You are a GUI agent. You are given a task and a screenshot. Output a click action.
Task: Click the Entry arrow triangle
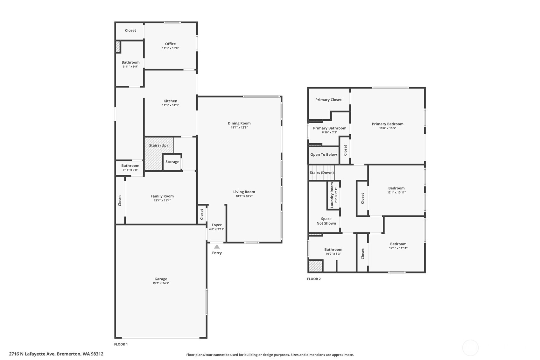[217, 247]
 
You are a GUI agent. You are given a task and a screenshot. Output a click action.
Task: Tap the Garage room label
[161, 279]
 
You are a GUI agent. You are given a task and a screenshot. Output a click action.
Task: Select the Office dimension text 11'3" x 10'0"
[171, 48]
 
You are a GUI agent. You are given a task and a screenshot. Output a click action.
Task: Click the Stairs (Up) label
[158, 145]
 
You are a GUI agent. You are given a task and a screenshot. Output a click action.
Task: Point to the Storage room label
[172, 162]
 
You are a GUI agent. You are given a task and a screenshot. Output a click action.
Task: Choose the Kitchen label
[171, 101]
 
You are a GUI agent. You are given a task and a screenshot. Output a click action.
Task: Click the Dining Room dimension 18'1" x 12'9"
[239, 128]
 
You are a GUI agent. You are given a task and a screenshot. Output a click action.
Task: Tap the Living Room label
[244, 192]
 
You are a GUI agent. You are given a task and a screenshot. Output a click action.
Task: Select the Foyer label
[216, 225]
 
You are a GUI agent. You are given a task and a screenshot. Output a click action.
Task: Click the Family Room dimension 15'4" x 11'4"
[162, 201]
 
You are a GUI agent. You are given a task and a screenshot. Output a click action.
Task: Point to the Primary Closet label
[328, 100]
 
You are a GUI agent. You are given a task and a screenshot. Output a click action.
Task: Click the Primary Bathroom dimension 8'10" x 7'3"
[330, 132]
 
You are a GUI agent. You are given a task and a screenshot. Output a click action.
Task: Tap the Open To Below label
[324, 155]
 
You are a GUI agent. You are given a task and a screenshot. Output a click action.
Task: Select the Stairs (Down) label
[322, 173]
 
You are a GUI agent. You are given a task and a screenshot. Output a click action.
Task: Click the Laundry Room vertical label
[332, 195]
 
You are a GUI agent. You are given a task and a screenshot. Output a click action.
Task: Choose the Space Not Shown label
[326, 221]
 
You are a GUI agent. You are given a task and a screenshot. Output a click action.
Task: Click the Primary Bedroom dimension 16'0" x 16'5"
[388, 128]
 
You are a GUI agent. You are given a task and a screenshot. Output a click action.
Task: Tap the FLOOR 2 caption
[314, 279]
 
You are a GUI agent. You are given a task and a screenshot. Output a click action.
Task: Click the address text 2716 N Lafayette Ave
[32, 354]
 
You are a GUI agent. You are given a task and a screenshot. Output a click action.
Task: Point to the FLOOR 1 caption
[121, 344]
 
